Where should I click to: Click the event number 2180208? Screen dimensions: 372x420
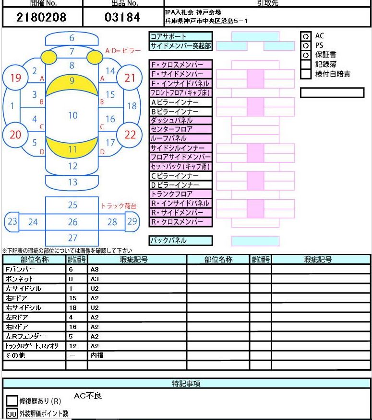click(41, 17)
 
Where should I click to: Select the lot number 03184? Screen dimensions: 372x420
click(122, 17)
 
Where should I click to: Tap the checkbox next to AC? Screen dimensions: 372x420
click(305, 36)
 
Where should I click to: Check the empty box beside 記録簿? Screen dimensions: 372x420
click(305, 65)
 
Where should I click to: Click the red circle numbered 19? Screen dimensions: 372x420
click(15, 78)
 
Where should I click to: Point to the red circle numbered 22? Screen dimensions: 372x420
click(130, 135)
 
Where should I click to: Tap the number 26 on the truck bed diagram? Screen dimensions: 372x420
click(72, 222)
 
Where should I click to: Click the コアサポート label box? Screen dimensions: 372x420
click(180, 36)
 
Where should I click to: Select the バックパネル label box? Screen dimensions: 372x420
click(180, 240)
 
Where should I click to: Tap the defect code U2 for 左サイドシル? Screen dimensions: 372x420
click(95, 288)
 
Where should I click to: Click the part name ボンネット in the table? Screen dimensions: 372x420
click(19, 279)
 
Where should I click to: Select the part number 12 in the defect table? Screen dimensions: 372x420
click(73, 346)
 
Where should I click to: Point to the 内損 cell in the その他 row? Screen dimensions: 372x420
click(97, 355)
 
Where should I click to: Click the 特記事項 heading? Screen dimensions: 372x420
click(186, 384)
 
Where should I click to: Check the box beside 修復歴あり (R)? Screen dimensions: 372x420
click(12, 401)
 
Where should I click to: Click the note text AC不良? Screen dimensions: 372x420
click(88, 396)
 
